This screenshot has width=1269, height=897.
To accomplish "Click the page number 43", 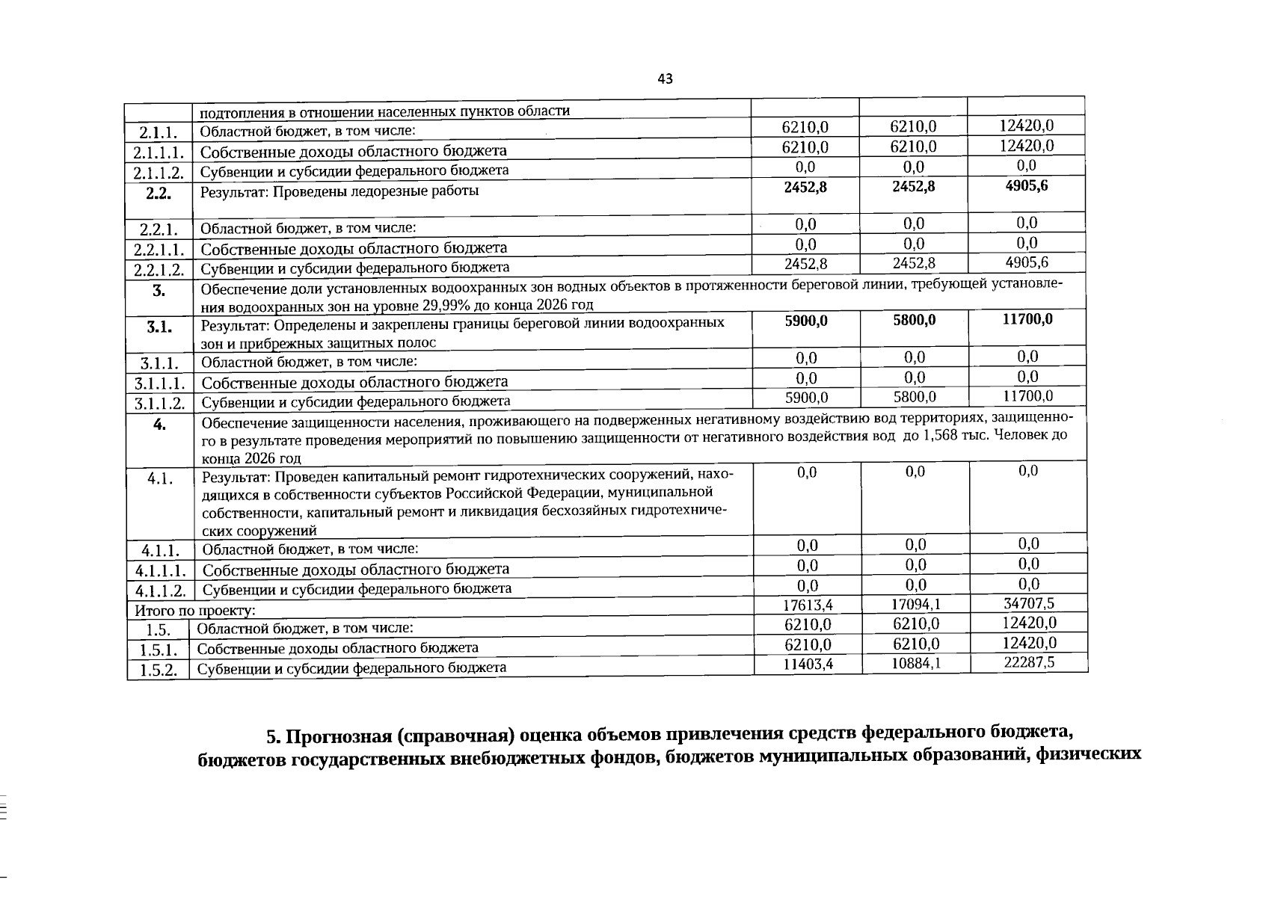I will pyautogui.click(x=665, y=78).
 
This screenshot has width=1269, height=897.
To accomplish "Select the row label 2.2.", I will pyautogui.click(x=159, y=194).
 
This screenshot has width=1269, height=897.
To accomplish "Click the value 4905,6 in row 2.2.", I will pyautogui.click(x=1027, y=185).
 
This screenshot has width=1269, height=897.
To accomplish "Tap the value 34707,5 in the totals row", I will pyautogui.click(x=1029, y=603).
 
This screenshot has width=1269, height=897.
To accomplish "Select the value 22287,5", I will pyautogui.click(x=1029, y=662).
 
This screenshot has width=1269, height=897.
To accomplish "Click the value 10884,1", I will pyautogui.click(x=916, y=663).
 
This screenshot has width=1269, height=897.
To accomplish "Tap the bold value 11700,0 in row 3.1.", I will pyautogui.click(x=1027, y=319).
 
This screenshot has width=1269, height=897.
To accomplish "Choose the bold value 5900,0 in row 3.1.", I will pyautogui.click(x=806, y=320).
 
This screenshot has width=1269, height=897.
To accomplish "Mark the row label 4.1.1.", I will pyautogui.click(x=160, y=551).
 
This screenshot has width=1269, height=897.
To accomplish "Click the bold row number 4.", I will pyautogui.click(x=159, y=424).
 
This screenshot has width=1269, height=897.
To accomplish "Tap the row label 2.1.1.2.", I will pyautogui.click(x=159, y=173).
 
